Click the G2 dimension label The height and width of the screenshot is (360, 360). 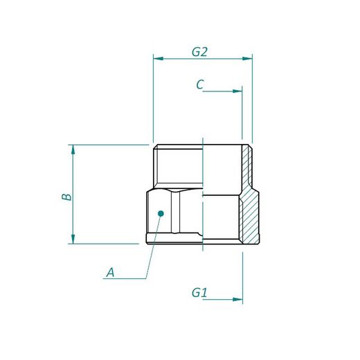click(200, 51)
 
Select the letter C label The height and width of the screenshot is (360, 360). click(199, 84)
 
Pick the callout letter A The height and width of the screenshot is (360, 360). click(109, 273)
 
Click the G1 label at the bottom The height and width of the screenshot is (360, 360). click(199, 293)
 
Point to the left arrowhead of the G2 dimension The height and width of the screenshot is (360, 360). click(157, 59)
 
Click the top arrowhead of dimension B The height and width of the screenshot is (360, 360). click(72, 149)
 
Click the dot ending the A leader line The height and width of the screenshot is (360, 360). click(160, 214)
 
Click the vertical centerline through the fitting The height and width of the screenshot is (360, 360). click(203, 194)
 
